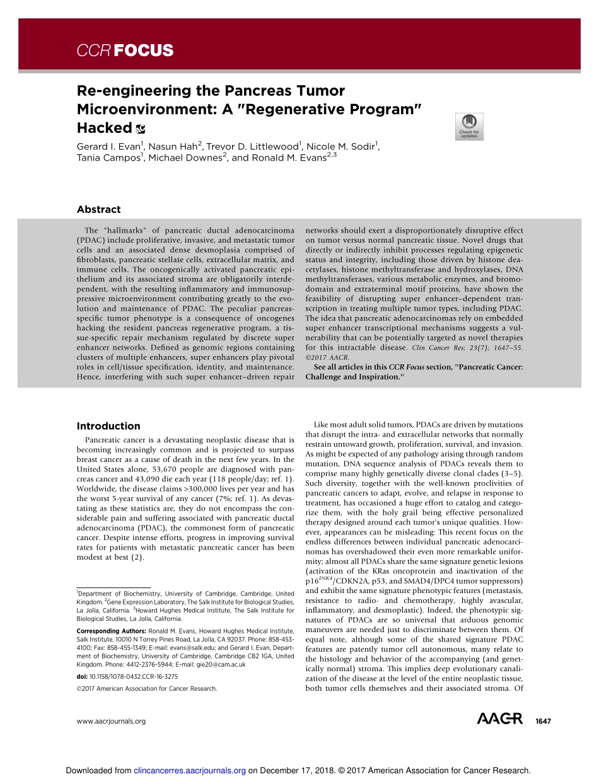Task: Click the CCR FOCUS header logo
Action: pos(125,51)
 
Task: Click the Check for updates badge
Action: pos(469,127)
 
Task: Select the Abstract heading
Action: pos(98,209)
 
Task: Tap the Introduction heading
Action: pos(108,426)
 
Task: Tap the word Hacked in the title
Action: pos(104,128)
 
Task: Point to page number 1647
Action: pos(543,721)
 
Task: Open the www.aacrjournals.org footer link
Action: pos(111,721)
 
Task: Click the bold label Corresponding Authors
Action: pos(110,630)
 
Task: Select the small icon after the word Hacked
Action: pos(140,129)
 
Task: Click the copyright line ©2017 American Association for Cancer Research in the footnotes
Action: pos(146,689)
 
